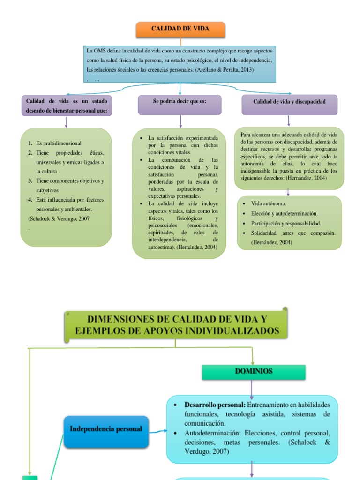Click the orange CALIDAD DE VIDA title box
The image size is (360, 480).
tap(180, 29)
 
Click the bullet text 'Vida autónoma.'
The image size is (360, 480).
tap(269, 204)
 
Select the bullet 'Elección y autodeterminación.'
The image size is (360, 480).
tap(284, 213)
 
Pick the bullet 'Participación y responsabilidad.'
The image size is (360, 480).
tap(286, 223)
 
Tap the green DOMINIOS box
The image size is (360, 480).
tap(254, 372)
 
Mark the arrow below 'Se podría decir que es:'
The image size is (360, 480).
tap(180, 121)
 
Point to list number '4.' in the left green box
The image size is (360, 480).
tap(30, 200)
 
